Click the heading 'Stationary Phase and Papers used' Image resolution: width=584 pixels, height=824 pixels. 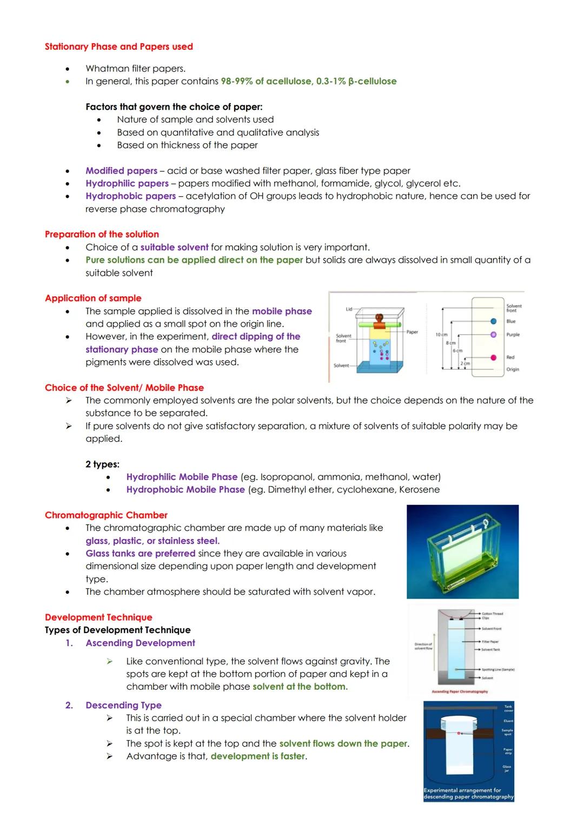tap(118, 46)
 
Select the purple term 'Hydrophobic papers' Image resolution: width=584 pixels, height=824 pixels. tap(130, 196)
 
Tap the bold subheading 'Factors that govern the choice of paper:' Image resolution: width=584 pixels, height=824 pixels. tap(174, 107)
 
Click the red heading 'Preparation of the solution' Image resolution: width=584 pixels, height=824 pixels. tap(102, 234)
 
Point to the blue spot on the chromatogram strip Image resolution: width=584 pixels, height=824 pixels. tap(493, 321)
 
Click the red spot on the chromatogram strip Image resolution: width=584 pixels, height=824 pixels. tap(493, 357)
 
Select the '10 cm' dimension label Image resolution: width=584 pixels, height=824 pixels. tap(441, 335)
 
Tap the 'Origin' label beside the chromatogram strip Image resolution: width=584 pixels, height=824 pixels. tap(512, 369)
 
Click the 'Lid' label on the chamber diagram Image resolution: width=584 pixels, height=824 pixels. tap(349, 309)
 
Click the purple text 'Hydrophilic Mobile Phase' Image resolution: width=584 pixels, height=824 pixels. tap(182, 477)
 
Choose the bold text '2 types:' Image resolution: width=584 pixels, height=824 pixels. tap(102, 464)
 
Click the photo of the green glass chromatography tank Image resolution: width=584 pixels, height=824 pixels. tap(462, 551)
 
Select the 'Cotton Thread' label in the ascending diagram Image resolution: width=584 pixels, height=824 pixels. tap(492, 614)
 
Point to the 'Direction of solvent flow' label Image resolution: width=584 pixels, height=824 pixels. tap(423, 646)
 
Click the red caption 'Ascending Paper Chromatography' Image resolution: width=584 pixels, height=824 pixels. tap(460, 692)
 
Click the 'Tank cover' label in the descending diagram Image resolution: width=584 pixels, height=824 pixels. tap(508, 708)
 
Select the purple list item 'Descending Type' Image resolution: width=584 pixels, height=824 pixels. tap(123, 705)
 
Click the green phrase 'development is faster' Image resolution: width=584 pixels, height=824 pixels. tap(258, 756)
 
